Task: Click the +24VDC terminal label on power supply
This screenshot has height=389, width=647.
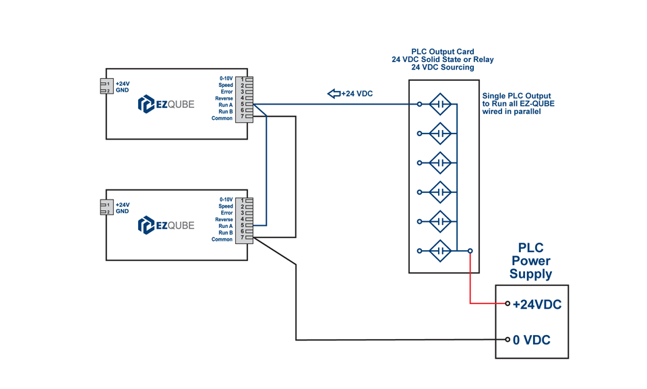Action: [x=536, y=304]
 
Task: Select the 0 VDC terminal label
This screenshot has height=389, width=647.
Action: [x=531, y=340]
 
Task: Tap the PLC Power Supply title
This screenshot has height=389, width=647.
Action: [x=530, y=261]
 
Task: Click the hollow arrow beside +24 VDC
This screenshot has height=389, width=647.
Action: [x=334, y=94]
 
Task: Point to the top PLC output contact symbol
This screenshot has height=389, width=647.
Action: [x=440, y=104]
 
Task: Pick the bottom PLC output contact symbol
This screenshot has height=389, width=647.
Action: [x=440, y=251]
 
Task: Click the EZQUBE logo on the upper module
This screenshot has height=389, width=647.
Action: [x=166, y=104]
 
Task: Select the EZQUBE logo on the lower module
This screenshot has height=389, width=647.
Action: [x=166, y=225]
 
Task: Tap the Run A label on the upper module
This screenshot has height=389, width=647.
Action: [x=225, y=105]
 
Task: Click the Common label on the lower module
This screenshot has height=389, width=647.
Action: [x=222, y=239]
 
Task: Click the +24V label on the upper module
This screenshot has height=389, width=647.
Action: [x=123, y=84]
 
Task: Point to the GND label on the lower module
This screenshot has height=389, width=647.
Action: [x=122, y=212]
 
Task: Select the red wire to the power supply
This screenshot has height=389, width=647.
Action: [x=470, y=283]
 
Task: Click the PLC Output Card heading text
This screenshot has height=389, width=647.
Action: [x=442, y=51]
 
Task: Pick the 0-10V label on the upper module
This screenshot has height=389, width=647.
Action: [x=226, y=78]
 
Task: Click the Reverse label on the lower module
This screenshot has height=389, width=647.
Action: [x=224, y=220]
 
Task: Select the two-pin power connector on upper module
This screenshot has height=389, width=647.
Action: [x=105, y=87]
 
